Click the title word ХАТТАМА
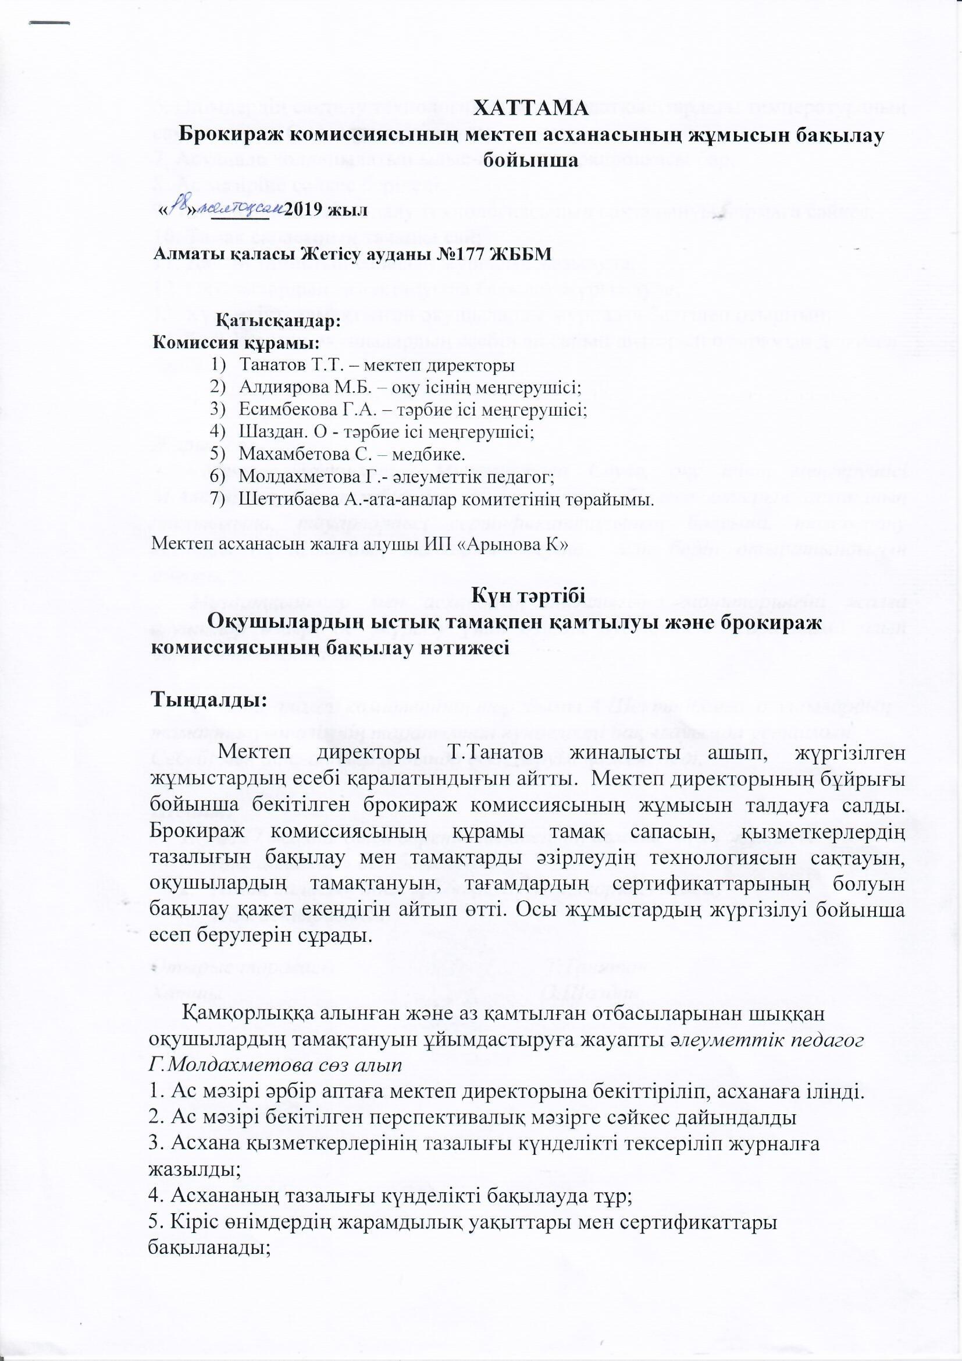point(532,108)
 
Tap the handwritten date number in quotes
point(180,206)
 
